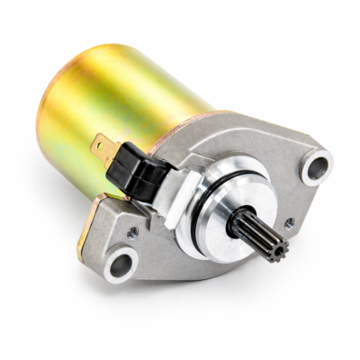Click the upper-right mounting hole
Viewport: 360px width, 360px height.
[x=316, y=166]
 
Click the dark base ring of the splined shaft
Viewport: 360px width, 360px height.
[x=236, y=220]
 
